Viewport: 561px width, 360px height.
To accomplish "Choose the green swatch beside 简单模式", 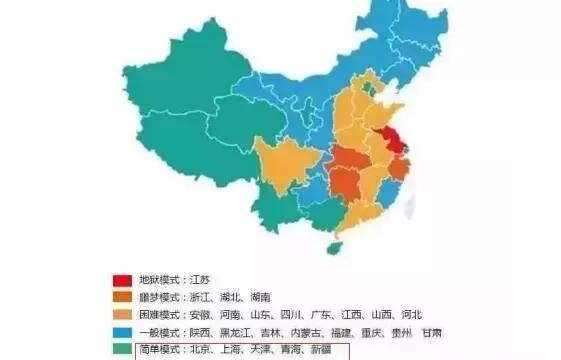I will pyautogui.click(x=122, y=349).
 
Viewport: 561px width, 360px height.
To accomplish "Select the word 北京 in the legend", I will pyautogui.click(x=203, y=349).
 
